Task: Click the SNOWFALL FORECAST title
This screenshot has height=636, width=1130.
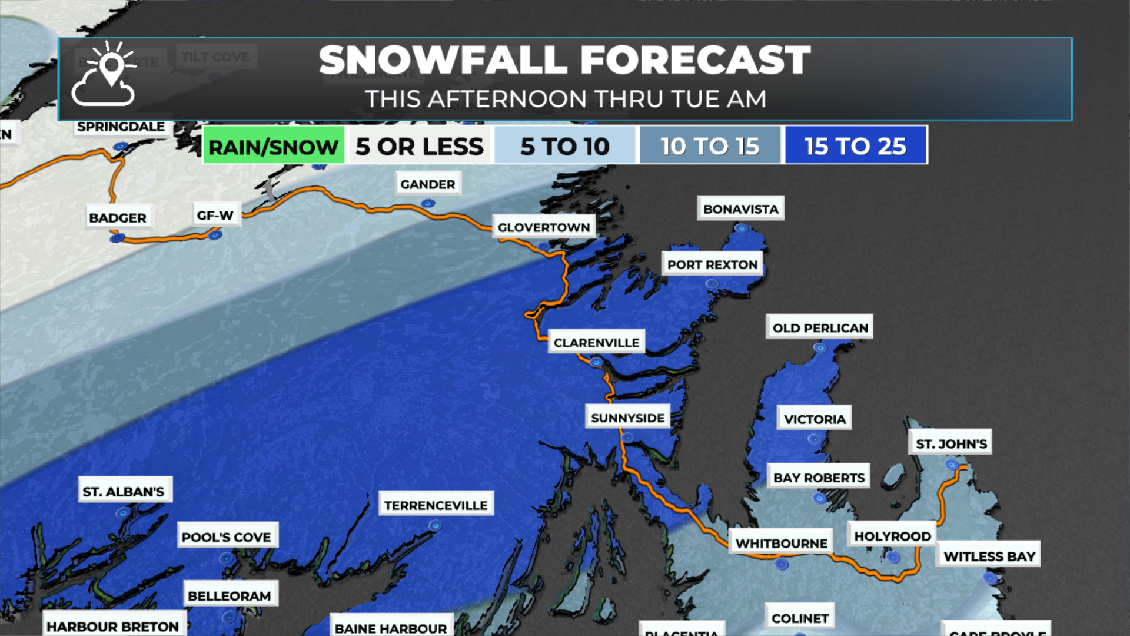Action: pos(564,60)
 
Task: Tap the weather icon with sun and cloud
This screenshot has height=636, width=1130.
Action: pos(104,75)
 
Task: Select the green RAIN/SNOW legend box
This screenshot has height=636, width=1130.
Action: pos(274,146)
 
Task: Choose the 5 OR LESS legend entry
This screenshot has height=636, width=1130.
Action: pos(419,146)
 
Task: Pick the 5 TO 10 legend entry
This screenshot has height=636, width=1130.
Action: pos(565,146)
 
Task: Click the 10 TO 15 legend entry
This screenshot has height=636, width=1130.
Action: pos(710,146)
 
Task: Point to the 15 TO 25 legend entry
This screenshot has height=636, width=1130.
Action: pos(855,146)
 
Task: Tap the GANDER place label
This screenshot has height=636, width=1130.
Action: pos(428,184)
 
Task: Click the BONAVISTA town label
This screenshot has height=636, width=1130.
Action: pos(740,209)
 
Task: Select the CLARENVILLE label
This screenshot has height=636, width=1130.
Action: pos(596,343)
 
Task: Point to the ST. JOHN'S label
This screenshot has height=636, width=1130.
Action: pos(951,444)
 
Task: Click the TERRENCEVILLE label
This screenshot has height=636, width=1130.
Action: pos(436,505)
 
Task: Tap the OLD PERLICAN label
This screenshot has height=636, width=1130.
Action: pos(820,328)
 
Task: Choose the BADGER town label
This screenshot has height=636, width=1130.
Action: pos(118,218)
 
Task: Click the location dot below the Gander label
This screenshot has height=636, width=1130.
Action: pos(428,204)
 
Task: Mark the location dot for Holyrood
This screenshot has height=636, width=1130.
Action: pos(893,557)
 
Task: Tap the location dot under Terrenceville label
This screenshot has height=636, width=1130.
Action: pos(435,525)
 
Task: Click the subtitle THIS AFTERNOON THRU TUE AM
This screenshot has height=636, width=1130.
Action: pos(565,99)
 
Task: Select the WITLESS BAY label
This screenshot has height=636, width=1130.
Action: pos(989,556)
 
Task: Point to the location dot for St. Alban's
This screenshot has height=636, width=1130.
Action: pos(123,513)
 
